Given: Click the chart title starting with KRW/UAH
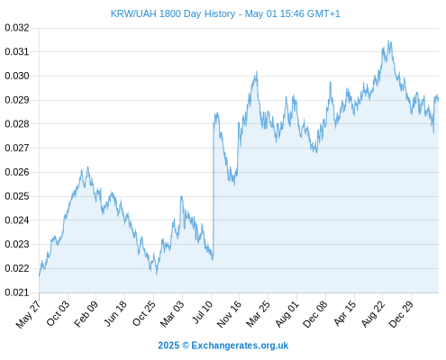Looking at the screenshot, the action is (x=225, y=13).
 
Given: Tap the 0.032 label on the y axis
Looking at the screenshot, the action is (x=17, y=28).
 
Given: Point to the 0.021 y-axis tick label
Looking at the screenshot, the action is (x=17, y=292).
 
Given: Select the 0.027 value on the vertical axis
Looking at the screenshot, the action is (x=17, y=148).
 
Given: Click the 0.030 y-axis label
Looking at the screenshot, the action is (x=17, y=76).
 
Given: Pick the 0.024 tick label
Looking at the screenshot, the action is (x=17, y=220).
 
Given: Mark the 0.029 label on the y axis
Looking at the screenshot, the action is (x=17, y=100).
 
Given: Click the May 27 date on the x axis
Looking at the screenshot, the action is (x=28, y=314).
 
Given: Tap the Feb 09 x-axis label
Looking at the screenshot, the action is (x=86, y=314).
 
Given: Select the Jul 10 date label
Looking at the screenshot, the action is (x=202, y=312).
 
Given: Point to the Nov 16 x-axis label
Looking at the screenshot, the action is (x=229, y=314).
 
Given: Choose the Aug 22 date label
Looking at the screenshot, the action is (x=372, y=314).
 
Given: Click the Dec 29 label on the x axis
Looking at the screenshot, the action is (x=401, y=314).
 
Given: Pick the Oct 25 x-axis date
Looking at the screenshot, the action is (x=144, y=313).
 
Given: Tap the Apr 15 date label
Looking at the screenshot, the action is (x=344, y=313).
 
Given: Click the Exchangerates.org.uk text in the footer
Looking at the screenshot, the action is (x=240, y=346).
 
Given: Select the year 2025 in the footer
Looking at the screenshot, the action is (x=168, y=346).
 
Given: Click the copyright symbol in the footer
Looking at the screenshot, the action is (x=186, y=346).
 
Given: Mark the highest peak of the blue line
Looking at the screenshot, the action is (x=388, y=40).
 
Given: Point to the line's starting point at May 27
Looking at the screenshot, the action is (x=39, y=275).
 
